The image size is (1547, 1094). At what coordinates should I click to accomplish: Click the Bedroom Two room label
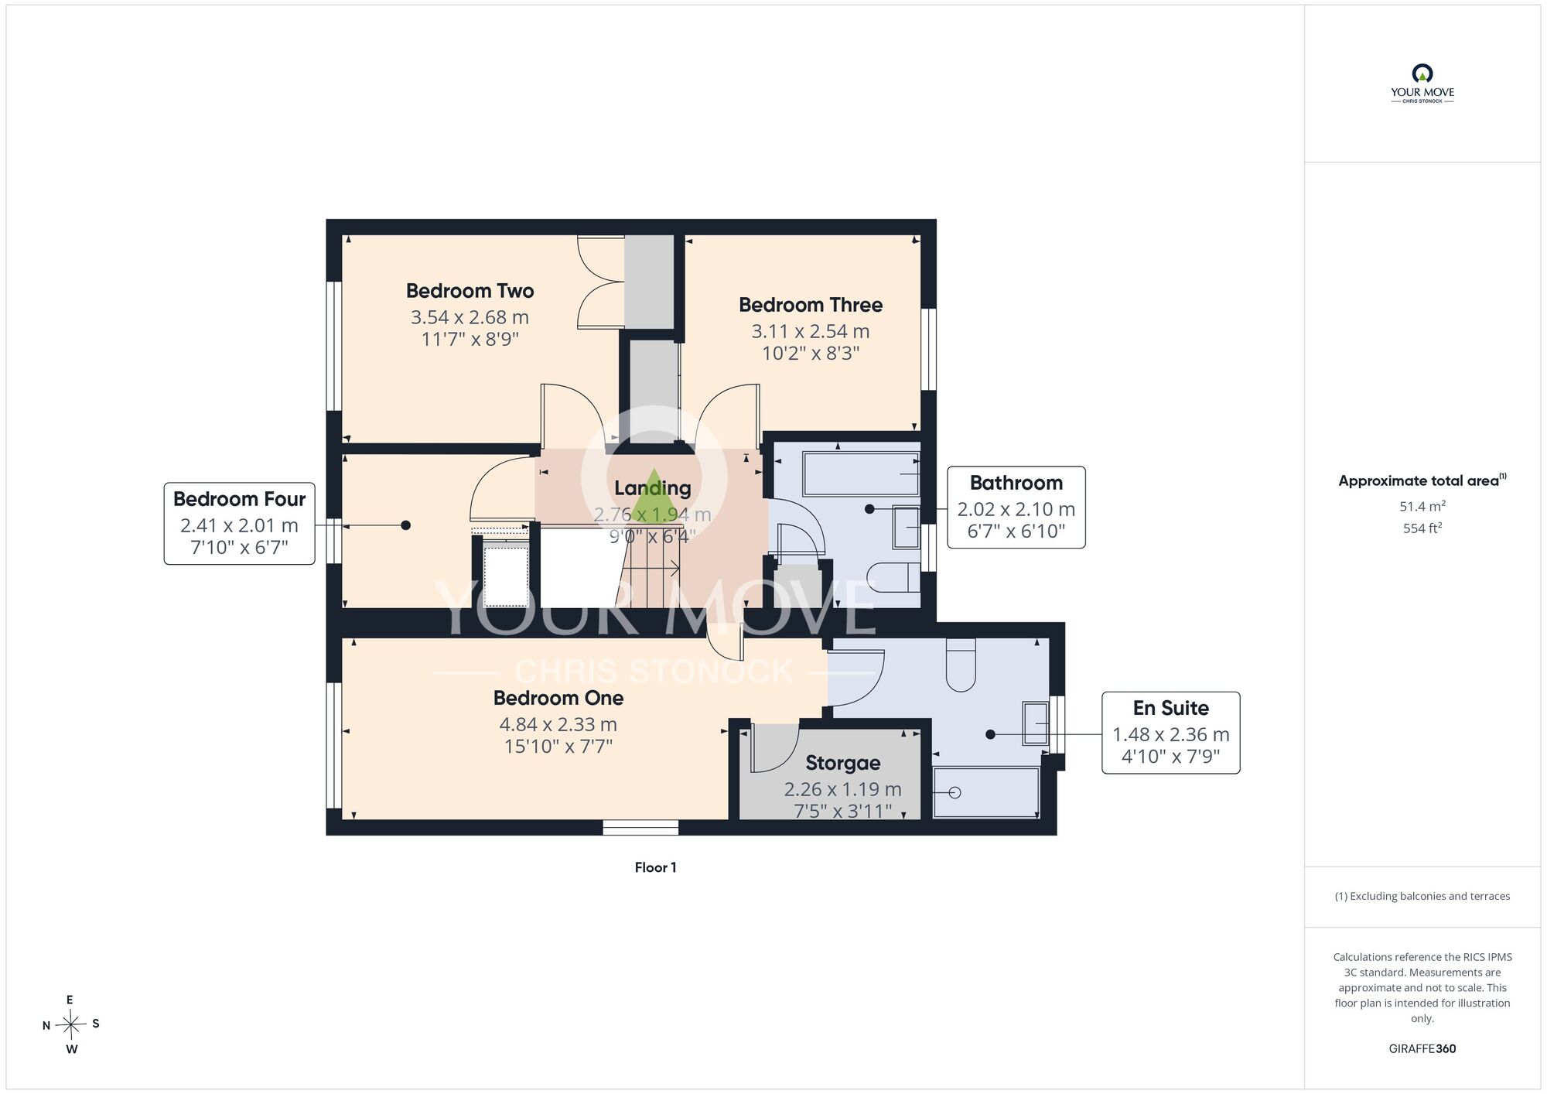click(470, 291)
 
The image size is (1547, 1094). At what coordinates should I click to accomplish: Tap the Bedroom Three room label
click(811, 305)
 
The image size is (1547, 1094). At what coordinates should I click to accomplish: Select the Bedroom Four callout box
click(239, 524)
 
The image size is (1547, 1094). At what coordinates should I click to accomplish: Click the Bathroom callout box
click(1016, 508)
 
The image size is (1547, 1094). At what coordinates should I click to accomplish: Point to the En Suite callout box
click(1170, 733)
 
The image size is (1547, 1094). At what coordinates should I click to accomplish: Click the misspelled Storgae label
click(843, 763)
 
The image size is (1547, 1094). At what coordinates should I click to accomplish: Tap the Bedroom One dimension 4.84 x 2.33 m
click(558, 725)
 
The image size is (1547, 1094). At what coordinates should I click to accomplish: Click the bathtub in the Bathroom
click(861, 473)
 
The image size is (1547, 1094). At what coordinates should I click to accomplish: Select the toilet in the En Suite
click(961, 665)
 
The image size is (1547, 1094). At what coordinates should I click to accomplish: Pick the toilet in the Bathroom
click(893, 577)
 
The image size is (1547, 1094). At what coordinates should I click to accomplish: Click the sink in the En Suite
click(1035, 723)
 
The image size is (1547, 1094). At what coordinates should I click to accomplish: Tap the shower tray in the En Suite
click(985, 792)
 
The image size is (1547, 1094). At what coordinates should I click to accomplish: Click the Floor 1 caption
click(655, 867)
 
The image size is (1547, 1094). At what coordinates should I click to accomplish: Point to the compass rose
click(70, 1025)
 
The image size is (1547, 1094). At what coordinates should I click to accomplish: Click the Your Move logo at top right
click(1422, 84)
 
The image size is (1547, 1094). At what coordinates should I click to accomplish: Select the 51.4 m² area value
click(1422, 507)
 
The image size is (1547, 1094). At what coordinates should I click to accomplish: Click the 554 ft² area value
click(1422, 528)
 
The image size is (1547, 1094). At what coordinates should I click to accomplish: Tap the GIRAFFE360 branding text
click(1422, 1049)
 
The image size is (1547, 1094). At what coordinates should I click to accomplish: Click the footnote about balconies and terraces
click(1422, 896)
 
